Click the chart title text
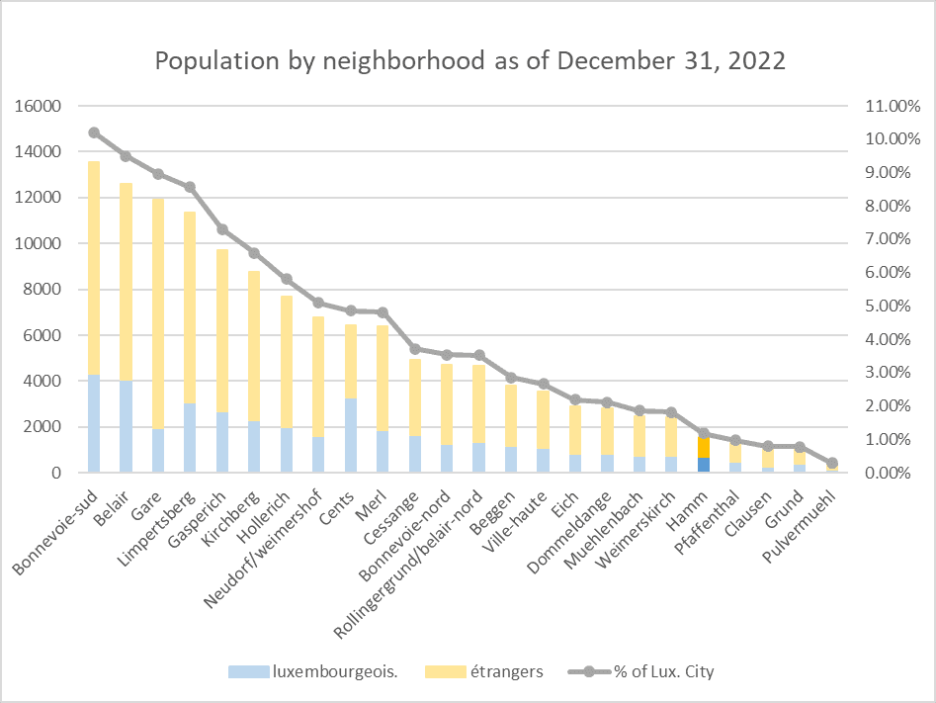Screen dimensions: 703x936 [469, 61]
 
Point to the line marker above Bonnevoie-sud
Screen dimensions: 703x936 [94, 132]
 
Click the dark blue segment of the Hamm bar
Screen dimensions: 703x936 [704, 465]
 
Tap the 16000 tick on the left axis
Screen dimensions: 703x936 [41, 106]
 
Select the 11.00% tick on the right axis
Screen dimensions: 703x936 [893, 106]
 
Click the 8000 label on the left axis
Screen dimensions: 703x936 [44, 290]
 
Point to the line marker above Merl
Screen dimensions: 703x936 [383, 312]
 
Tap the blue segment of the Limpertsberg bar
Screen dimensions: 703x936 [189, 438]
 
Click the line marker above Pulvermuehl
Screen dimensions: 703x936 [831, 463]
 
